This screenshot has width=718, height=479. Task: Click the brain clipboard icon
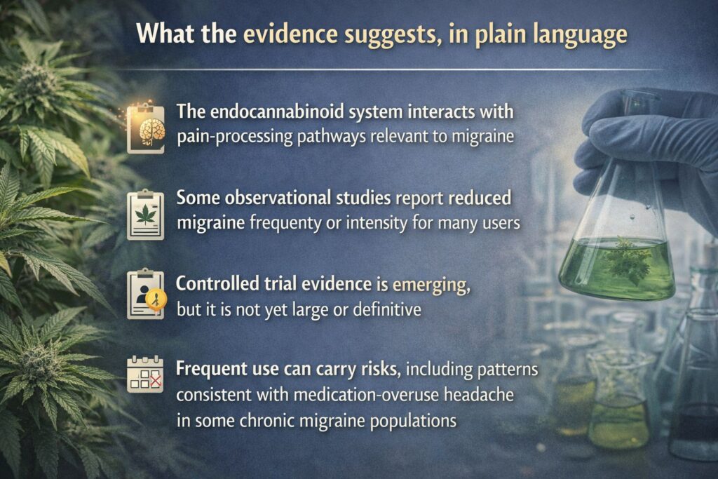(146, 129)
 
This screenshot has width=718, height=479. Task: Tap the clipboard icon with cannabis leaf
(146, 215)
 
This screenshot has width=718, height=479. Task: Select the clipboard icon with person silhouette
(146, 295)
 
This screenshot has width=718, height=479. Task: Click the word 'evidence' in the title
(290, 34)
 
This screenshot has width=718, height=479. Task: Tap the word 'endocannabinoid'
(274, 112)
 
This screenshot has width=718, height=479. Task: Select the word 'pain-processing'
(235, 137)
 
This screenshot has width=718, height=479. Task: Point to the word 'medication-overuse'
(366, 395)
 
